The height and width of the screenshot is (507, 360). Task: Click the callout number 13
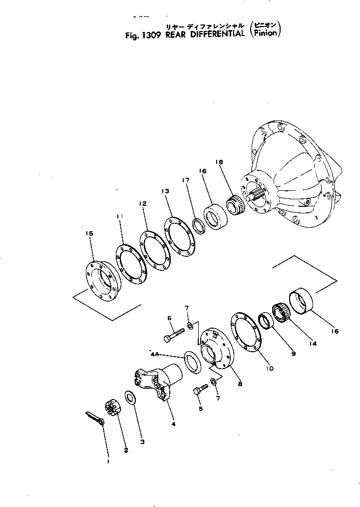(166, 191)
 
